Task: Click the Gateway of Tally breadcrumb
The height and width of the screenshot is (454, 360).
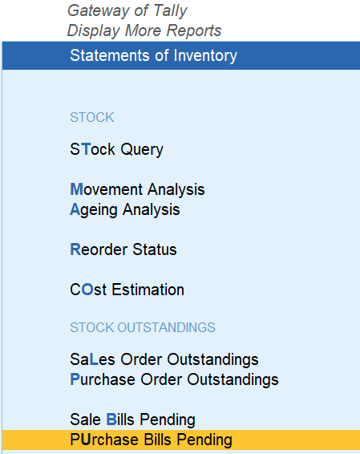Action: pyautogui.click(x=127, y=11)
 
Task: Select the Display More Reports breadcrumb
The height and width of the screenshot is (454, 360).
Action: pyautogui.click(x=144, y=30)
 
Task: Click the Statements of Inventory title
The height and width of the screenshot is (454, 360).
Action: pyautogui.click(x=153, y=55)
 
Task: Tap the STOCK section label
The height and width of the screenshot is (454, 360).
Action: pyautogui.click(x=92, y=117)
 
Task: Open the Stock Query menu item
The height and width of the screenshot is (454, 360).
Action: pyautogui.click(x=116, y=150)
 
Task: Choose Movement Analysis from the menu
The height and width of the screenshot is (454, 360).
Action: pyautogui.click(x=137, y=189)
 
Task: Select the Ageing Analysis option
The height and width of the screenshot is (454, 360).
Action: pyautogui.click(x=125, y=210)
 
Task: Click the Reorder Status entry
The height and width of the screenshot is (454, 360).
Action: pyautogui.click(x=123, y=249)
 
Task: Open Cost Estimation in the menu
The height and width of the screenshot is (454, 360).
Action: pyautogui.click(x=127, y=290)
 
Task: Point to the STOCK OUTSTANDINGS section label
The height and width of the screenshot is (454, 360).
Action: pyautogui.click(x=143, y=327)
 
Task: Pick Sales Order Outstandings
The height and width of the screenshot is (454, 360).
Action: pyautogui.click(x=164, y=359)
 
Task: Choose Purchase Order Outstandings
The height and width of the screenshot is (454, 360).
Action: pyautogui.click(x=174, y=379)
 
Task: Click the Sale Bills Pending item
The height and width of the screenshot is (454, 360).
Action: pyautogui.click(x=132, y=420)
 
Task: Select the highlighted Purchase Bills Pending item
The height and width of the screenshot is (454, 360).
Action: pyautogui.click(x=151, y=440)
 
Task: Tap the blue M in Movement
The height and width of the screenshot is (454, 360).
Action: pyautogui.click(x=77, y=189)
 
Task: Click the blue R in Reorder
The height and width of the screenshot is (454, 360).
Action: pyautogui.click(x=75, y=249)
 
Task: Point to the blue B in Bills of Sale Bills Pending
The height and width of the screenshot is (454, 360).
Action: pyautogui.click(x=111, y=420)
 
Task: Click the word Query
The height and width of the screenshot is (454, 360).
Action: pyautogui.click(x=142, y=150)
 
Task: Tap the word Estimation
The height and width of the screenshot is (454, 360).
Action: pyautogui.click(x=148, y=290)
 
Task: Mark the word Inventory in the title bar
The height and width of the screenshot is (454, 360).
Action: pyautogui.click(x=205, y=56)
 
